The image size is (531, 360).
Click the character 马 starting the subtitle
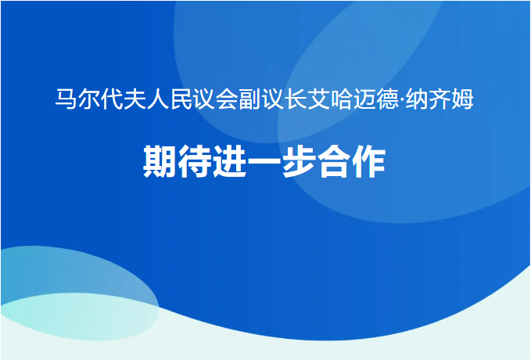point(66,99)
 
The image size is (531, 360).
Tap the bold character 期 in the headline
point(160,161)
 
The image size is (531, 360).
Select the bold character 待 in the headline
point(195,161)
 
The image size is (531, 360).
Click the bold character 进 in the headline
point(230,161)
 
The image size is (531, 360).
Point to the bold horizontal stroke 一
point(264,161)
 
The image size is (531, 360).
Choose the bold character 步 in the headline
point(299,161)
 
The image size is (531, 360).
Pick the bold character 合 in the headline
point(334,161)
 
